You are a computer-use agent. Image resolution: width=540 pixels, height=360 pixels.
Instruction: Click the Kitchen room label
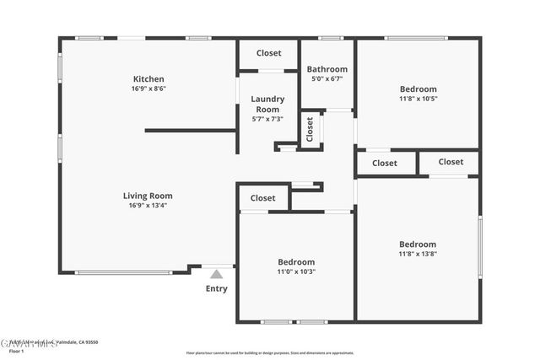point(148,79)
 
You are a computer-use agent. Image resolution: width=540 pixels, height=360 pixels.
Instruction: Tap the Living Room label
point(150,196)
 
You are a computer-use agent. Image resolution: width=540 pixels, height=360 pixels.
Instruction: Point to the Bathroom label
point(327,69)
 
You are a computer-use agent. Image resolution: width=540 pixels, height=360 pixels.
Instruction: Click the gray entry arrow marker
point(216,273)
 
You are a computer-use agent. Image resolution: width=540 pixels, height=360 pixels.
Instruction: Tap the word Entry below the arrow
point(216,289)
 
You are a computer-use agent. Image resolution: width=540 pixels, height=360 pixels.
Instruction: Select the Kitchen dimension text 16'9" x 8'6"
point(148,89)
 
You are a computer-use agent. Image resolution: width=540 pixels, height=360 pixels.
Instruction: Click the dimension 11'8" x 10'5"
point(418,98)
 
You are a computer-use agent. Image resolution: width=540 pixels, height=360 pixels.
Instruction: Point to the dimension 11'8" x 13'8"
point(418,254)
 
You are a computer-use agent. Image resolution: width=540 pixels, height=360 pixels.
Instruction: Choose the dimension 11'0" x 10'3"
point(296,271)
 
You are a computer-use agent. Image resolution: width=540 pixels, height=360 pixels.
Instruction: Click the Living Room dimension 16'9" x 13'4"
point(150,205)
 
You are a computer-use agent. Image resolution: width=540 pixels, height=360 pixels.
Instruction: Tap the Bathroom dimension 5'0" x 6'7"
point(327,78)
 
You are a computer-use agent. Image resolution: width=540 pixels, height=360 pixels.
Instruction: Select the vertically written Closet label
point(310,130)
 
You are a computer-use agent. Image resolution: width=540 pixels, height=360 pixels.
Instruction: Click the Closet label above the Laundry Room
point(269,53)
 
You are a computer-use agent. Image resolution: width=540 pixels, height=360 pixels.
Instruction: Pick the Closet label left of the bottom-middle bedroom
point(262,198)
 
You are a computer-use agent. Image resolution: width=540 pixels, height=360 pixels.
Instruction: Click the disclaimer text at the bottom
point(270,352)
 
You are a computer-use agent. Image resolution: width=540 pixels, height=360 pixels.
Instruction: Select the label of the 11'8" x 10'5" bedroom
point(418,89)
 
